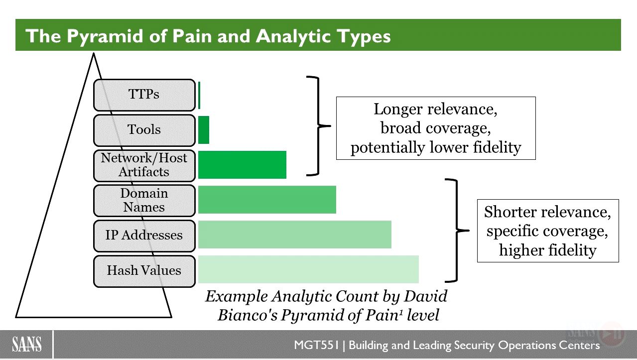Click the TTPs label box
tap(144, 95)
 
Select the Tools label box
tap(144, 130)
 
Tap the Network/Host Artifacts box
tap(144, 165)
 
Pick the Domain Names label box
tap(144, 201)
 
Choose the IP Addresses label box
tap(144, 236)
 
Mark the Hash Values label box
tap(144, 271)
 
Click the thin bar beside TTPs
tap(199, 95)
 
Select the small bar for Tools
tap(204, 130)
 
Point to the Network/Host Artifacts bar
tap(242, 165)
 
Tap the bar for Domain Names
tap(267, 200)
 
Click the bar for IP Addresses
tap(295, 235)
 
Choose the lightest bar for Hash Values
tap(309, 269)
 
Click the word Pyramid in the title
tap(105, 37)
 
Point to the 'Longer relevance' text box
tap(436, 128)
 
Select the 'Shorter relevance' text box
tap(548, 231)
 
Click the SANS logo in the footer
tap(27, 345)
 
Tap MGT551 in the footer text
tap(316, 345)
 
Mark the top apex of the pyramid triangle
tap(94, 53)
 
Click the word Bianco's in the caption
tap(248, 315)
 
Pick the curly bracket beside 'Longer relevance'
tap(318, 125)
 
